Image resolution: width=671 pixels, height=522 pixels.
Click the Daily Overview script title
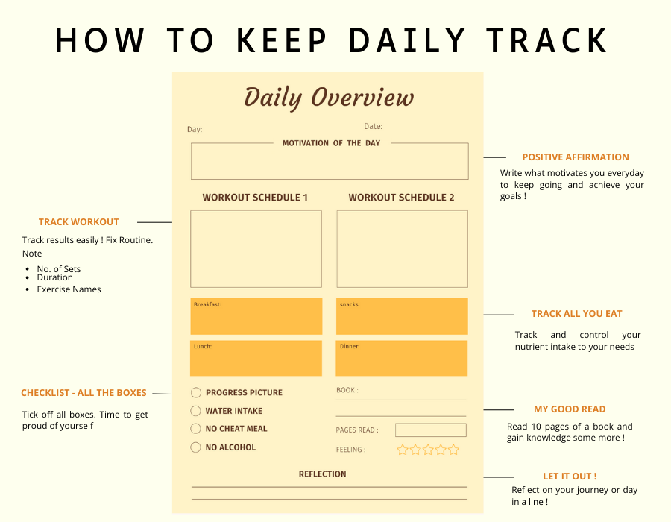pos(329,98)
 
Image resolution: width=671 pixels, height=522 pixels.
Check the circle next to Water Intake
pos(195,411)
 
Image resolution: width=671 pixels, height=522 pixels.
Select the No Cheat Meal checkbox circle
pos(195,429)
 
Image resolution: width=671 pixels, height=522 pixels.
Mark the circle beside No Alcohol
pos(195,447)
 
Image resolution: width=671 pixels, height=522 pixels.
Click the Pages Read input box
pos(430,430)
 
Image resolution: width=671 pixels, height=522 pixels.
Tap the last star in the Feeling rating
pos(453,450)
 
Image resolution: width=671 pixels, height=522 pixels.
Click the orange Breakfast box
pos(256,316)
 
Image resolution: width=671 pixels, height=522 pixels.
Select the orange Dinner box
pos(401,358)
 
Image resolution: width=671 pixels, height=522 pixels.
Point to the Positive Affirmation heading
pos(576,157)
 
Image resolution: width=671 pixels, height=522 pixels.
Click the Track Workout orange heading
pos(79,222)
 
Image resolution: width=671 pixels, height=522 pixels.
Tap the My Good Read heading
pos(570,409)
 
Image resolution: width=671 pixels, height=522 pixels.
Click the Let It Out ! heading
pos(570,477)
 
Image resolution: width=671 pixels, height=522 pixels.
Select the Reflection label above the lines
pos(322,474)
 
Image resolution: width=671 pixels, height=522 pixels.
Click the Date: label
pos(374,126)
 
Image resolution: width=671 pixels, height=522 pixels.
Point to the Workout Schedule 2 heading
pos(401,198)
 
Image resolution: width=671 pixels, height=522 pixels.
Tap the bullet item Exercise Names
pos(69,289)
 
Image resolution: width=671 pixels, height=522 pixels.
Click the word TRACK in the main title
pos(547,41)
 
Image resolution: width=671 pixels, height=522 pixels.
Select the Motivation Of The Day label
pos(331,143)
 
